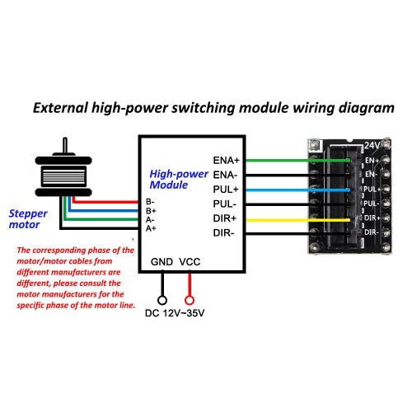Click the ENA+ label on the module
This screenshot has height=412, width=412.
pyautogui.click(x=227, y=160)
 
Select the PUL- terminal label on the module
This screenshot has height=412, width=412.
pyautogui.click(x=225, y=204)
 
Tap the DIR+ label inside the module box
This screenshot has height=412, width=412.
pyautogui.click(x=225, y=218)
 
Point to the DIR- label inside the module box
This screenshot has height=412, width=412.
pyautogui.click(x=223, y=233)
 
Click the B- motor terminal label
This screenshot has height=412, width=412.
pyautogui.click(x=150, y=202)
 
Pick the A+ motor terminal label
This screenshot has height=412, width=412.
pyautogui.click(x=151, y=228)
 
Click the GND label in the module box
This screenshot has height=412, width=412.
pyautogui.click(x=162, y=262)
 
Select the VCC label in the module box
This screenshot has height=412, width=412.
pyautogui.click(x=190, y=262)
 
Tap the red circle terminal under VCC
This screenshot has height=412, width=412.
pyautogui.click(x=190, y=300)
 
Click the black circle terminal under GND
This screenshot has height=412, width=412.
pyautogui.click(x=162, y=300)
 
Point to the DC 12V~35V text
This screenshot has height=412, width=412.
pyautogui.click(x=175, y=313)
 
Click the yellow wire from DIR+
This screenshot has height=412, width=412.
pyautogui.click(x=297, y=220)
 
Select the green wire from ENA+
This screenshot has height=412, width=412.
pyautogui.click(x=297, y=161)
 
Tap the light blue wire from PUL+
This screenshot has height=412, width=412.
pyautogui.click(x=297, y=190)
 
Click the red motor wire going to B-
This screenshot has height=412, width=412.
pyautogui.click(x=105, y=202)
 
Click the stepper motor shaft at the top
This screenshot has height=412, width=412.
pyautogui.click(x=65, y=145)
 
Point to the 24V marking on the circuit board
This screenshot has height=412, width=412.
pyautogui.click(x=372, y=145)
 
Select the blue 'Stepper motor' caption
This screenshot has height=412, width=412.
pyautogui.click(x=28, y=219)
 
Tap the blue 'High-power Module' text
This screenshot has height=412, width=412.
pyautogui.click(x=179, y=180)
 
